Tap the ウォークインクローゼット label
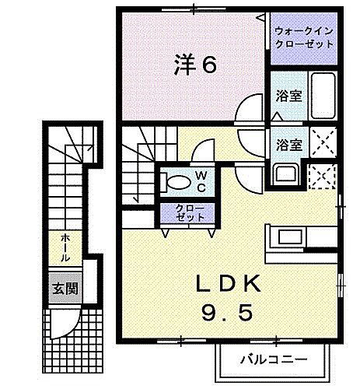pos(303,38)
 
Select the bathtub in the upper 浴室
pos(323,96)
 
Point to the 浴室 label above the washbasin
pos(289,144)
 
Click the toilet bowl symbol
pos(176,183)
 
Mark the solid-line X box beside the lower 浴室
pos(323,142)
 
